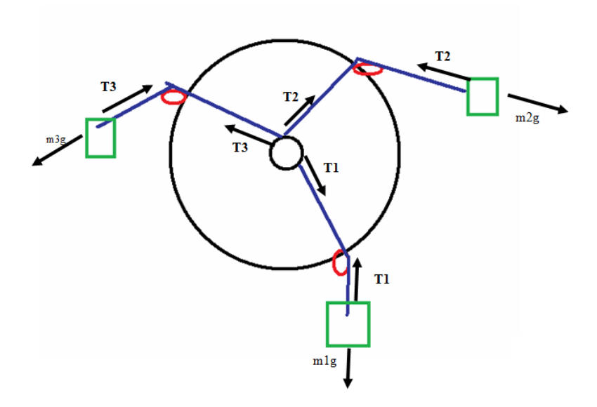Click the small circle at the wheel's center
(285, 153)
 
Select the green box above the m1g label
(348, 323)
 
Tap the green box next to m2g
(483, 96)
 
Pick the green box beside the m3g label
(100, 138)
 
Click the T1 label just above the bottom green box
(381, 279)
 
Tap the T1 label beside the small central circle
(332, 168)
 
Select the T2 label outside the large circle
(443, 55)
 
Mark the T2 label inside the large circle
(291, 97)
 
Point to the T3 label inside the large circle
(240, 147)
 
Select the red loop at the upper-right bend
(368, 69)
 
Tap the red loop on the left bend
(173, 98)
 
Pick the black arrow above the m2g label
(537, 103)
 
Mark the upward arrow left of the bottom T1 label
(357, 279)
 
